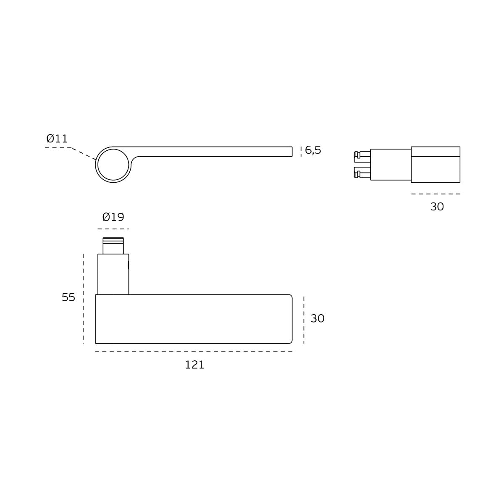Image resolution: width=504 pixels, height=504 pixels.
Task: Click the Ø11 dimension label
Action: click(x=57, y=139)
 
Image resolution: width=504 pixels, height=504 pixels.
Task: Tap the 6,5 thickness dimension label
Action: click(x=313, y=150)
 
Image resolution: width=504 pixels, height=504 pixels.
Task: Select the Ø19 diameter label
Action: click(x=113, y=217)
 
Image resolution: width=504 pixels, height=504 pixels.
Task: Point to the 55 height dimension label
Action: click(x=68, y=297)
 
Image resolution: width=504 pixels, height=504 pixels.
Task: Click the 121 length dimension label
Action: click(x=194, y=365)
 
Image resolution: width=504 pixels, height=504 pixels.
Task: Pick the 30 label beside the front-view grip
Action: click(x=318, y=318)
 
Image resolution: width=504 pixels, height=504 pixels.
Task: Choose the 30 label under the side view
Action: click(x=437, y=207)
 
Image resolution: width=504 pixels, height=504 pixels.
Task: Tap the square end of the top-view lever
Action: click(x=292, y=152)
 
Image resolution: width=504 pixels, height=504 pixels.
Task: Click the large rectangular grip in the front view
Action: click(x=194, y=319)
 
